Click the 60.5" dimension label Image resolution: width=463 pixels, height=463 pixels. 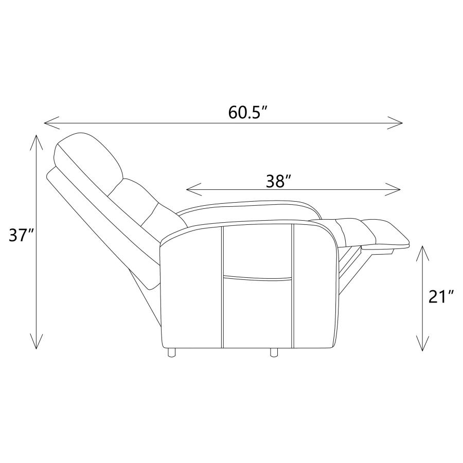point(248,113)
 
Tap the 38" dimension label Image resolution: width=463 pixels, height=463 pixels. point(279,181)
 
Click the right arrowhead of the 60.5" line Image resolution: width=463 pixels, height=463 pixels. point(395,123)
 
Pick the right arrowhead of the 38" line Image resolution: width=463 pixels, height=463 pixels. point(393,189)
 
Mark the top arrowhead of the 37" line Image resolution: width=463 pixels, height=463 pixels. point(36,143)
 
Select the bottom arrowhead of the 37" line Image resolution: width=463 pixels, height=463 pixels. point(36,341)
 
